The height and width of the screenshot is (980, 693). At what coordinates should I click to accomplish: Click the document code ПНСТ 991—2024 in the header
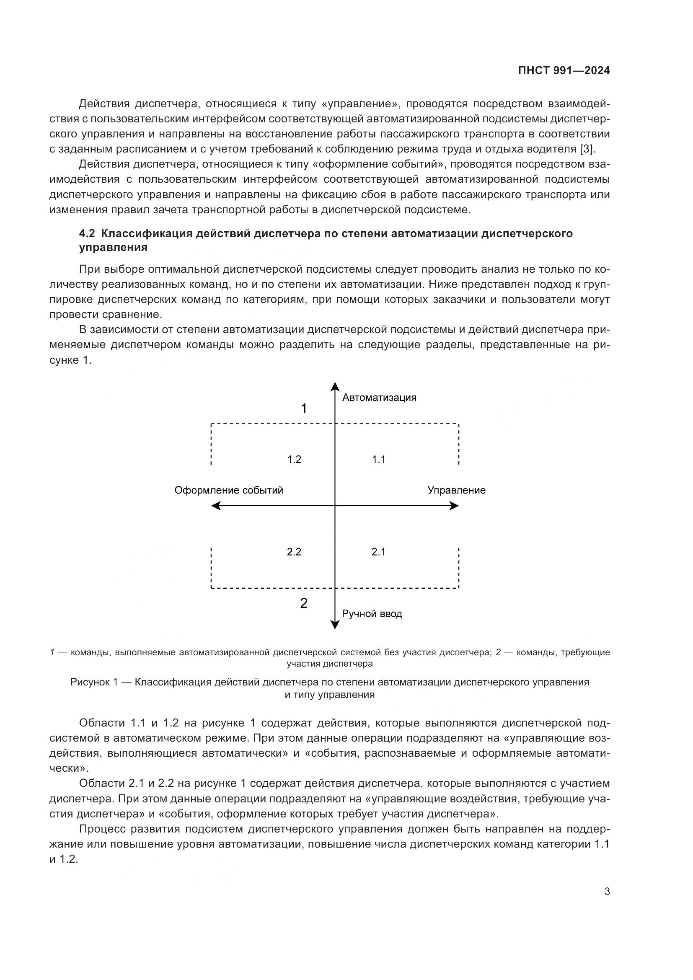[564, 70]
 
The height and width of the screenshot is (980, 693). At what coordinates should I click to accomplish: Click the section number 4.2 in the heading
[88, 233]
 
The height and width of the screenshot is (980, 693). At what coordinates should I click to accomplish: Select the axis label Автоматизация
[379, 398]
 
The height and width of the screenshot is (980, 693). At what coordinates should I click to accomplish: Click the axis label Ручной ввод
[372, 614]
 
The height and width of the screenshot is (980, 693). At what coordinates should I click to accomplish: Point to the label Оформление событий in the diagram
[229, 490]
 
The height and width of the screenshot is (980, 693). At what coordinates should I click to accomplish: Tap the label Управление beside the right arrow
[456, 490]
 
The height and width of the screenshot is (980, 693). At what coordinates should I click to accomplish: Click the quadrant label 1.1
[378, 459]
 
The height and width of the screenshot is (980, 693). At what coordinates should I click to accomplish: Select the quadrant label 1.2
[295, 459]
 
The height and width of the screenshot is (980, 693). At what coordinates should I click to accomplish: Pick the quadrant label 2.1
[378, 552]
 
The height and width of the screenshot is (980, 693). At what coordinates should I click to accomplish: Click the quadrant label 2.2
[294, 552]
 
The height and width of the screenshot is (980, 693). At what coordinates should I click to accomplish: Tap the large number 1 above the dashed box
[304, 409]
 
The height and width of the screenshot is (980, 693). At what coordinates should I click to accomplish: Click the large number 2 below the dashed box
[304, 603]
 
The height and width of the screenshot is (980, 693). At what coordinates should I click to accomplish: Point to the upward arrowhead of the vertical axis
[335, 386]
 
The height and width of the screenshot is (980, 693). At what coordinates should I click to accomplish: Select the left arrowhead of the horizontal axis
[216, 506]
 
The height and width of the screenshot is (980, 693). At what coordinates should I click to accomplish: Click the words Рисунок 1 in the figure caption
[93, 682]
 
